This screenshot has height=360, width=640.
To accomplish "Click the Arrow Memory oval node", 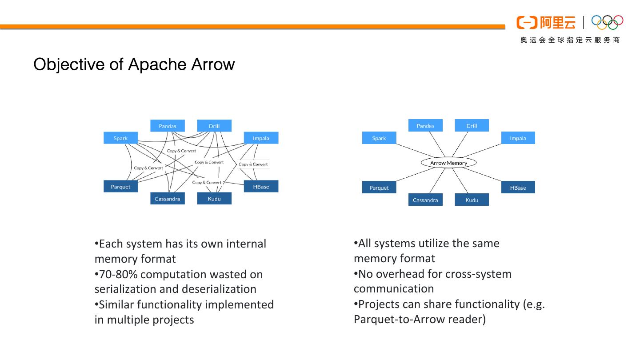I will (448, 163).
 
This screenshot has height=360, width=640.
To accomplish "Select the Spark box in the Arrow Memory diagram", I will (379, 138).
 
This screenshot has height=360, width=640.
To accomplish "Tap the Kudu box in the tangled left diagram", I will (214, 199).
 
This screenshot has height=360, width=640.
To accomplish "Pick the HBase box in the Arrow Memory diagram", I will (518, 188).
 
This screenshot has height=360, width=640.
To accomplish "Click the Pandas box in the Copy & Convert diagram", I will (168, 126).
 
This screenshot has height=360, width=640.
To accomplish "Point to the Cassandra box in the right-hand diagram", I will (425, 200).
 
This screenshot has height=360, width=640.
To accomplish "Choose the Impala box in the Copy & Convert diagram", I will (261, 138).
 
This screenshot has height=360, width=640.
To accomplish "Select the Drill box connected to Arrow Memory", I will (472, 126).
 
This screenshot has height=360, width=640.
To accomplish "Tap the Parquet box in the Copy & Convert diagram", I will (120, 187).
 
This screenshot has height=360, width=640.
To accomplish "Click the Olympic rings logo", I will (608, 22).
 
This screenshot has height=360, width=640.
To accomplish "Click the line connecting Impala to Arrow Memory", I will (489, 151).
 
